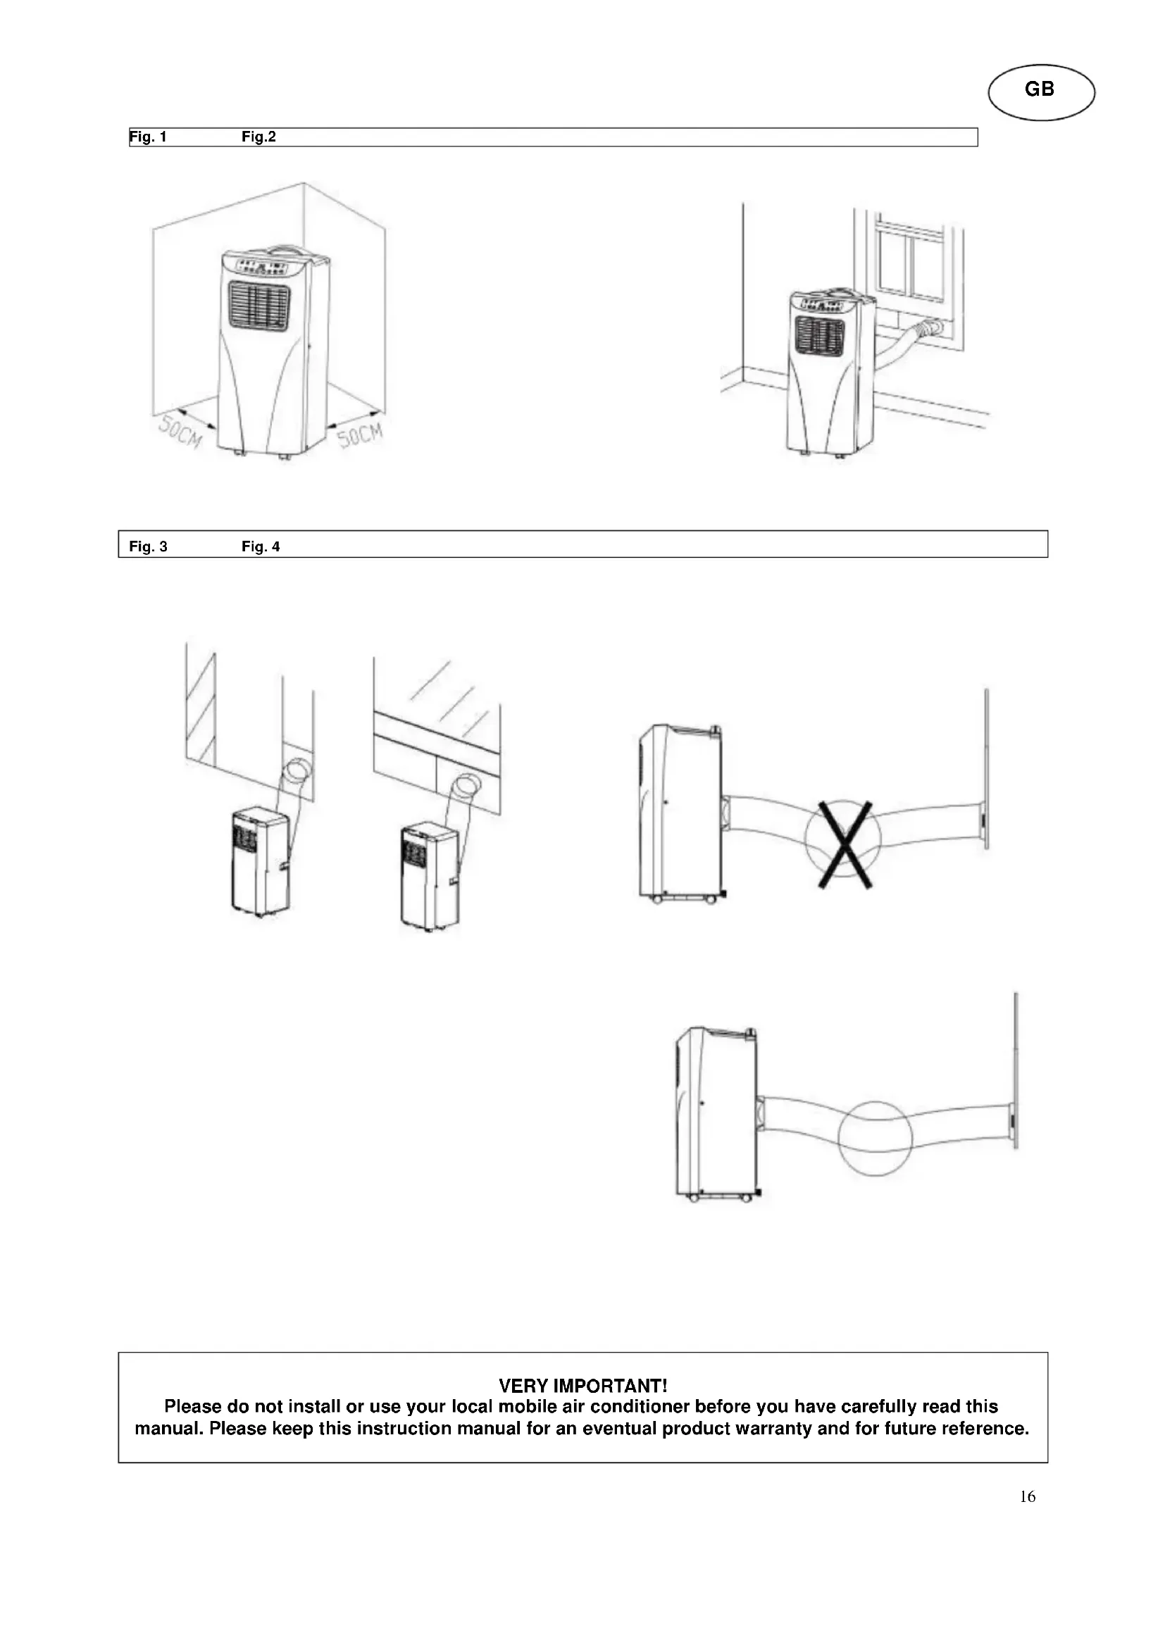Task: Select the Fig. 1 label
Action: pyautogui.click(x=148, y=137)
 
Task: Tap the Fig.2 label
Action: pyautogui.click(x=258, y=137)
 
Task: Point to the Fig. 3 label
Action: pyautogui.click(x=148, y=546)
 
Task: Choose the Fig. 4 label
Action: pyautogui.click(x=261, y=546)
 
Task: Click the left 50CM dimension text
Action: pyautogui.click(x=180, y=432)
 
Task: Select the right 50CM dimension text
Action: pyautogui.click(x=361, y=434)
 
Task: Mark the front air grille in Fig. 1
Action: pyautogui.click(x=260, y=306)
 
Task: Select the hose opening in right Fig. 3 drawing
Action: pyautogui.click(x=467, y=784)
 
